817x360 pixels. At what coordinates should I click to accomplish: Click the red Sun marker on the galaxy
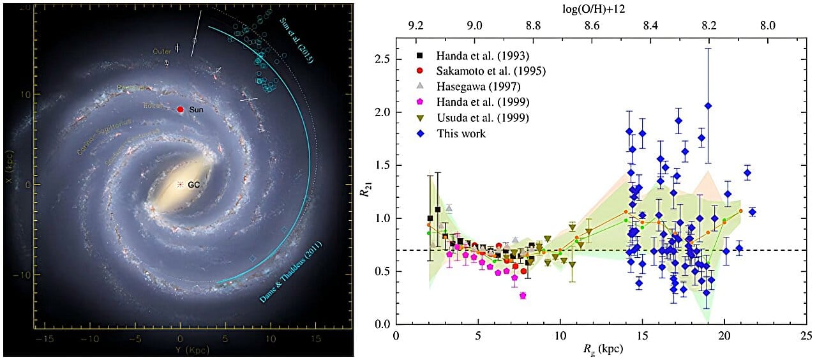pyautogui.click(x=181, y=110)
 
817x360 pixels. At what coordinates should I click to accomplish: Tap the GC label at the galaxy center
pyautogui.click(x=195, y=184)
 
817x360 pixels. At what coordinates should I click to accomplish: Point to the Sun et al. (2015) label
pyautogui.click(x=295, y=38)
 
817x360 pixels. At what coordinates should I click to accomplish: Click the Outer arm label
pyautogui.click(x=160, y=50)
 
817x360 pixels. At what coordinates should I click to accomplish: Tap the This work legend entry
pyautogui.click(x=461, y=134)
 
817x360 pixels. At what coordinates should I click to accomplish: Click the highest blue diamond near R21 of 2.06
pyautogui.click(x=708, y=106)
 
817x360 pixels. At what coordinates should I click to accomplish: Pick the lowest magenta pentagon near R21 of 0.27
pyautogui.click(x=523, y=296)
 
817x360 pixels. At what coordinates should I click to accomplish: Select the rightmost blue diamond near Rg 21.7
pyautogui.click(x=752, y=212)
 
